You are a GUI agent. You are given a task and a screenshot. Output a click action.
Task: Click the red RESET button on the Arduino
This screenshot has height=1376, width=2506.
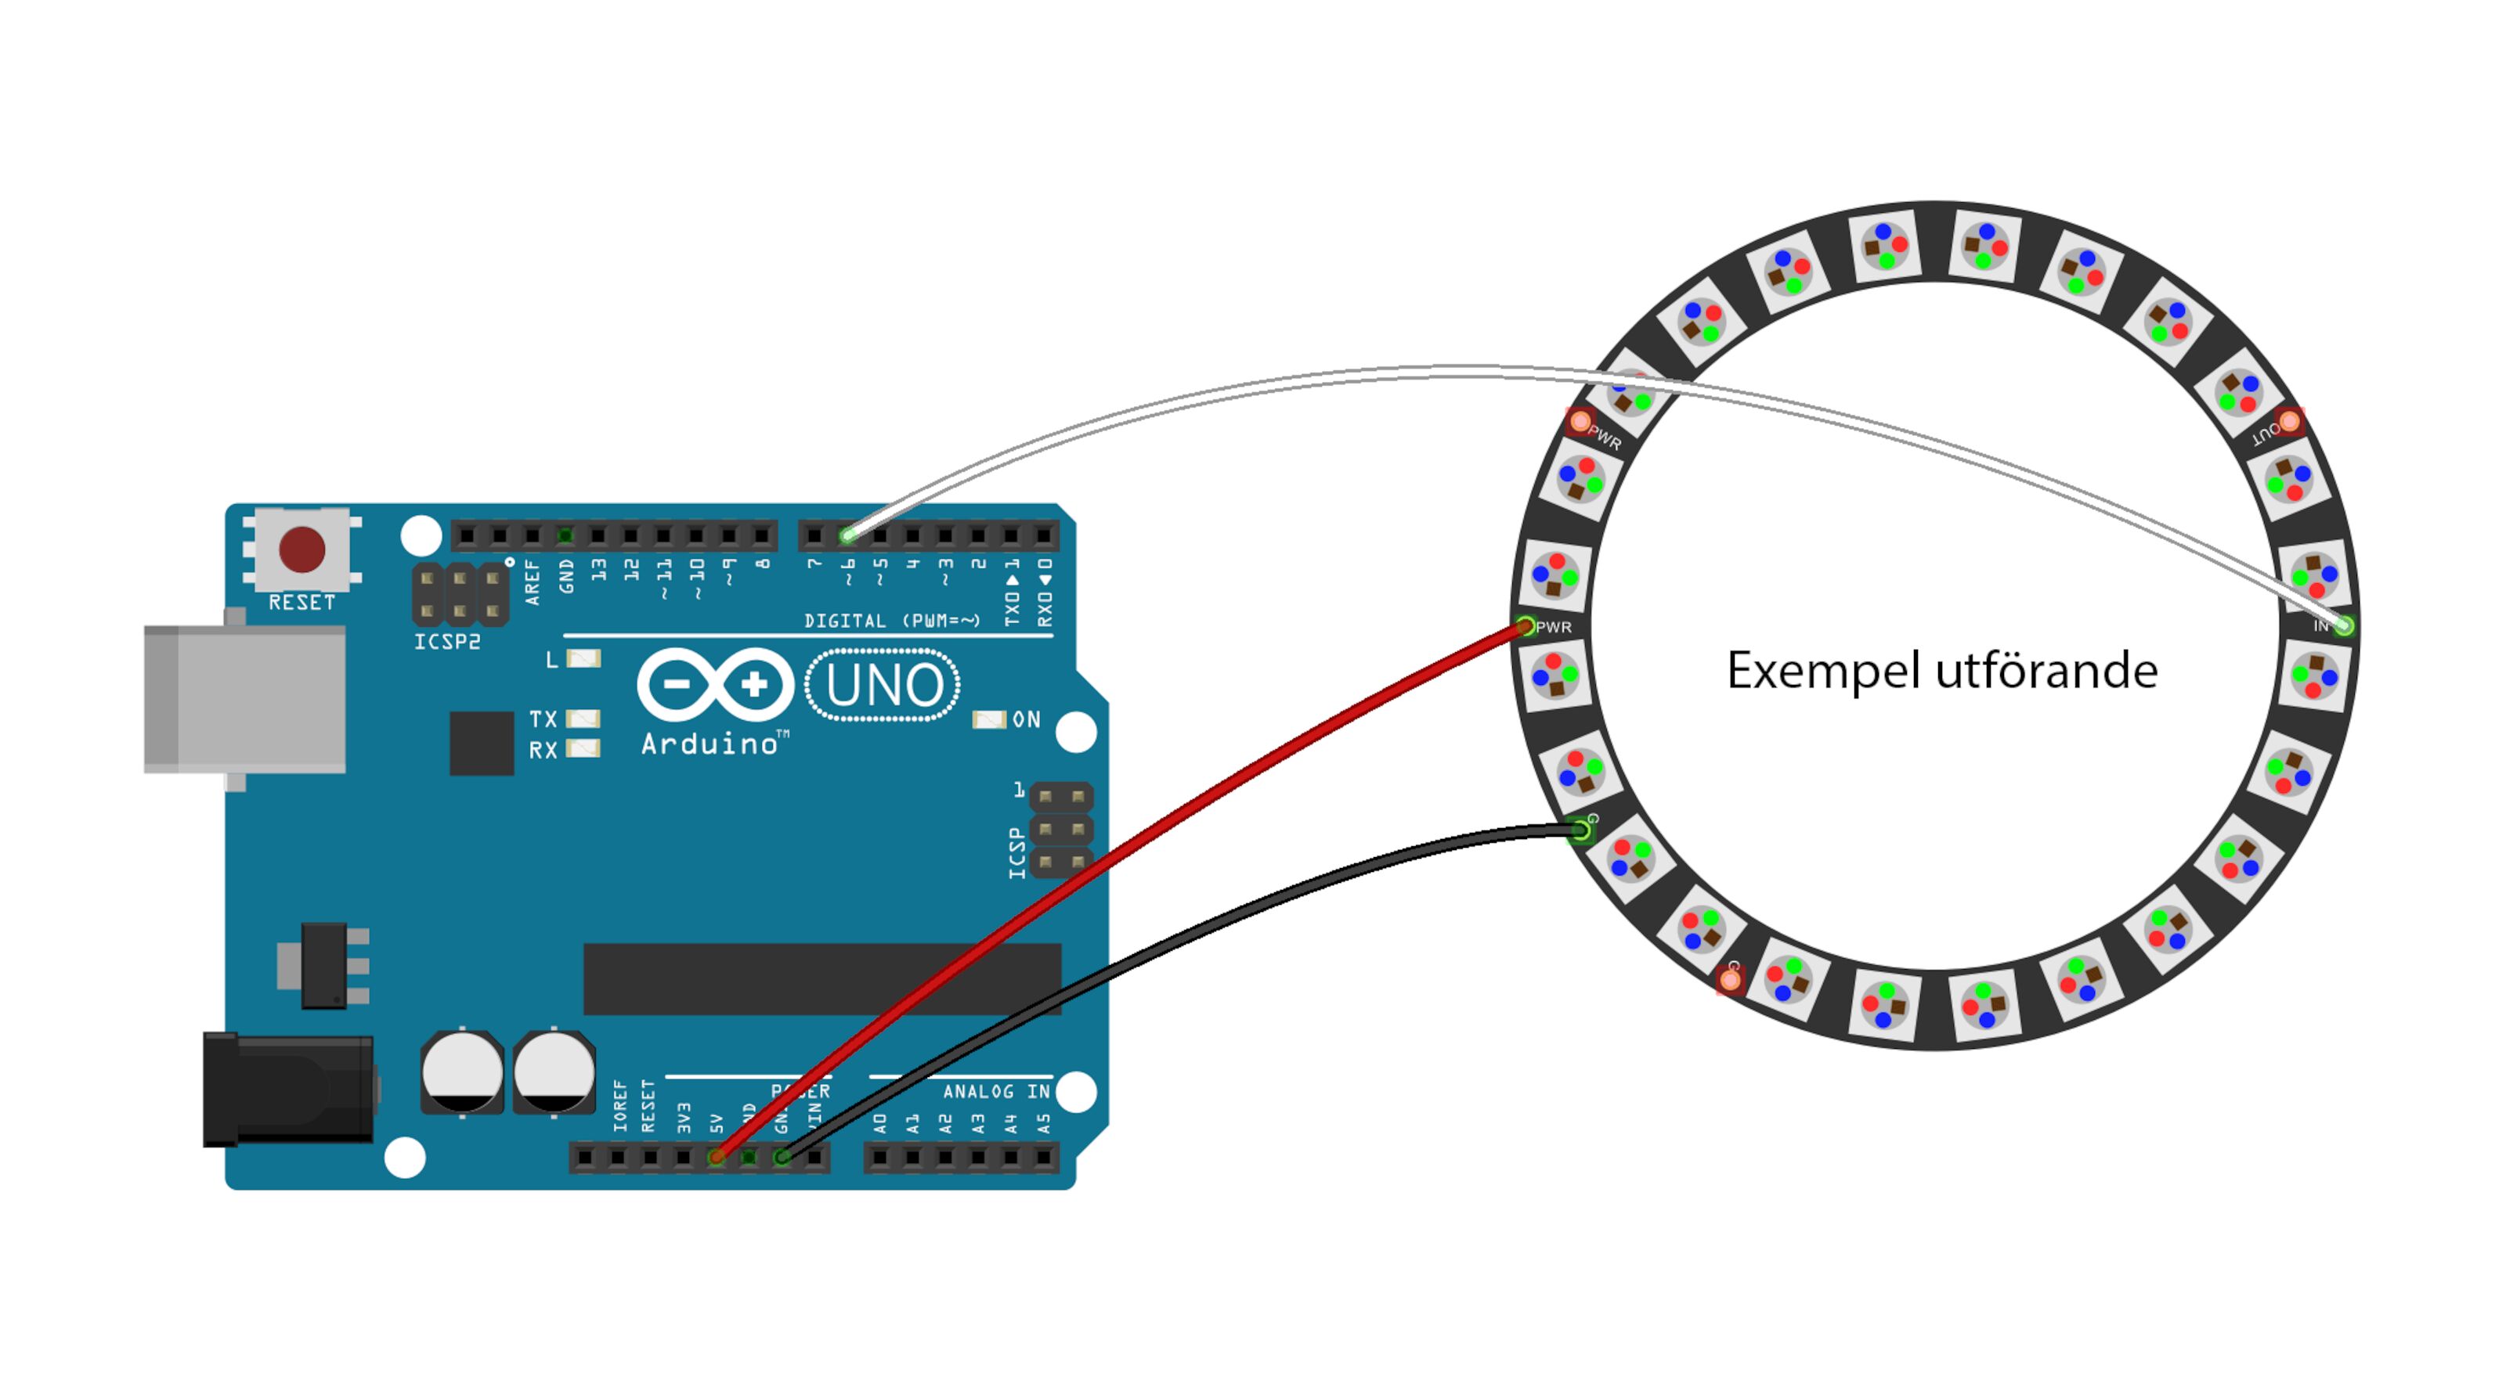302,549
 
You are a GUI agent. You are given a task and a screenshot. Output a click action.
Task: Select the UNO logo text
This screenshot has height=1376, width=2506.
883,686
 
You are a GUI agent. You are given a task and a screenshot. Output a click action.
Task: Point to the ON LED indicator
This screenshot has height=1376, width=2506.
989,719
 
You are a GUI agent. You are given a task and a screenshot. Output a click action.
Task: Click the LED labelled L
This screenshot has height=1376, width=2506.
583,659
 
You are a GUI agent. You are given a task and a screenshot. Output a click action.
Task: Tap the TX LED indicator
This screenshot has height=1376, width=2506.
583,719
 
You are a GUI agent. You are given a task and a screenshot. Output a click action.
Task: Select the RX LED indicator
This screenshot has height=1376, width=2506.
583,749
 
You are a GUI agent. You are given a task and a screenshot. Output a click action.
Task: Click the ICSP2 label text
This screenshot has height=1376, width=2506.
447,642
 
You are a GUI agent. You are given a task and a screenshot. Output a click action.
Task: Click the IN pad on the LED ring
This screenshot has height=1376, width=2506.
2345,625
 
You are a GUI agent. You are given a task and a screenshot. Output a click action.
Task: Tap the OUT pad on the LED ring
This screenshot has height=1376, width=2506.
2289,421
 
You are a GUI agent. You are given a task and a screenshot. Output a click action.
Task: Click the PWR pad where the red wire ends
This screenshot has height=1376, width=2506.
1526,626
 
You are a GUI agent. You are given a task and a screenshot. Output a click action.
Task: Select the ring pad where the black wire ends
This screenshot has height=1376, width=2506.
1581,830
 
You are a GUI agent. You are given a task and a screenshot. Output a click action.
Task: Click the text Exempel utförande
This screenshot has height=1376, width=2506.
1942,671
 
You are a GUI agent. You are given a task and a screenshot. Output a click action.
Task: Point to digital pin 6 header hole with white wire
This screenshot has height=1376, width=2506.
847,535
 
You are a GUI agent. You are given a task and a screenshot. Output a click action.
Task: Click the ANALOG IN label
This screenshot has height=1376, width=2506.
996,1092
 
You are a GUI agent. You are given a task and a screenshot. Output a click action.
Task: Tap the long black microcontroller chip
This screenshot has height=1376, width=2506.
822,979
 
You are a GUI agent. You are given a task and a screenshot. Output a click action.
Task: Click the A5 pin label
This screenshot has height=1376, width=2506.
1044,1124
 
